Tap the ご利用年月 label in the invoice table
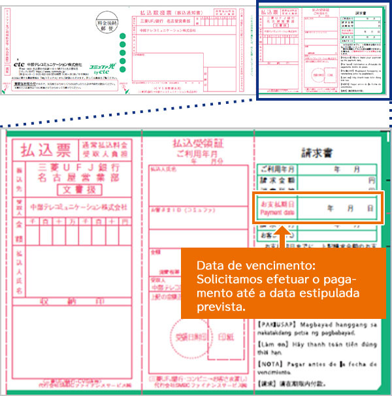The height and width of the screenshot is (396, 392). [277, 168]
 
